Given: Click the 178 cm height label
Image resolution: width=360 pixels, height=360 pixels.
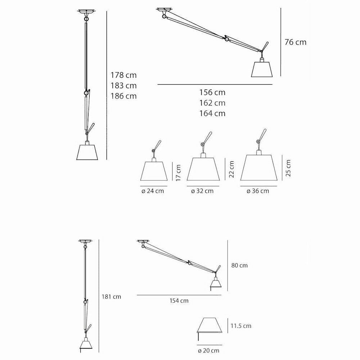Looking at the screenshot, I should pos(123,75).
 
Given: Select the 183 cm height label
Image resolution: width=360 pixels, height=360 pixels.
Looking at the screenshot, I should pos(123,86).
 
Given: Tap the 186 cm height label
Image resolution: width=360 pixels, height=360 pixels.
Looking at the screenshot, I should pos(123,96).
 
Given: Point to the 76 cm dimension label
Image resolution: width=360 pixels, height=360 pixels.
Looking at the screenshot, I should pos(295,42).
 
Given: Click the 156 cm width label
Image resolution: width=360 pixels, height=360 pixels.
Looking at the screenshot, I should pos(212,93).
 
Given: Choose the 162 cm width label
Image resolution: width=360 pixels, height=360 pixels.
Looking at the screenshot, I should pos(212,103).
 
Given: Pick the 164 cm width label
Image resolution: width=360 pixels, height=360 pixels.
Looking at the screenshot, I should pos(212,113).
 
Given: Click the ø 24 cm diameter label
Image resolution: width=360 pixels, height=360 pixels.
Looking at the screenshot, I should pos(153,191).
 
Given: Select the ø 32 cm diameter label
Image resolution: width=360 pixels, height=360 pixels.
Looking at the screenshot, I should pos(202,191).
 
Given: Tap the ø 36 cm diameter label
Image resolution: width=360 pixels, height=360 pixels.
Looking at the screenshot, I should pos(258,191).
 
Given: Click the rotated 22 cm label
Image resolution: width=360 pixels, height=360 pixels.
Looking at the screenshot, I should pos(231,169).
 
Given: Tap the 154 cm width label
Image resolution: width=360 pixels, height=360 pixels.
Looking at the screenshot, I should pos(179,301).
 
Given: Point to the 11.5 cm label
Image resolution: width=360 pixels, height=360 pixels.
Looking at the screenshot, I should pos(240,326).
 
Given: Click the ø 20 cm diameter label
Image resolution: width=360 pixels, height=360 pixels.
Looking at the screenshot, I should pos(208,350).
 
